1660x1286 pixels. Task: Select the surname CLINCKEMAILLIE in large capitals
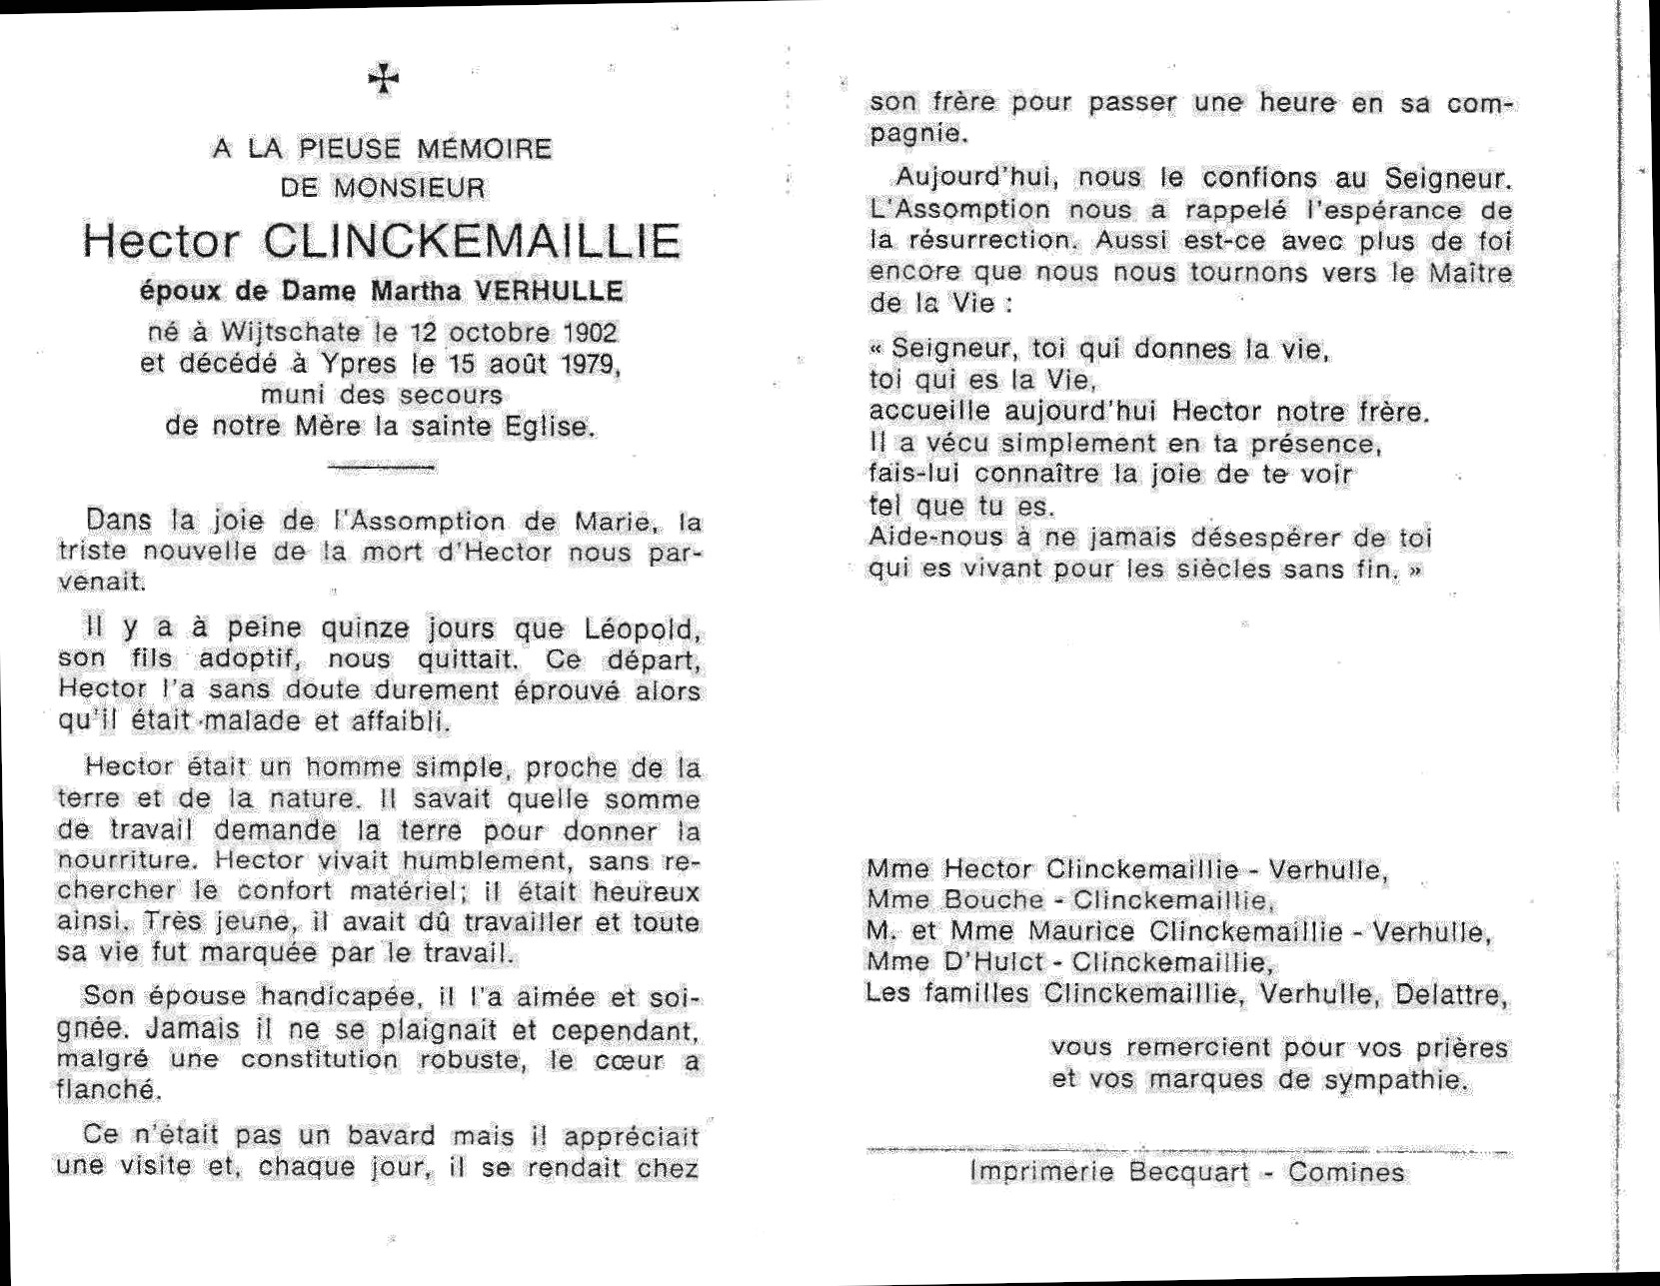click(473, 243)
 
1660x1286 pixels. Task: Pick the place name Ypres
click(347, 363)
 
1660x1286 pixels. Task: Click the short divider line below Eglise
click(381, 466)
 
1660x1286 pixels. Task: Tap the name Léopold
click(650, 631)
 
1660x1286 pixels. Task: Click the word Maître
click(1469, 273)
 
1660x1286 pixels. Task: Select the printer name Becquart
click(1189, 1172)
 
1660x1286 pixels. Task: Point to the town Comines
click(1346, 1172)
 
